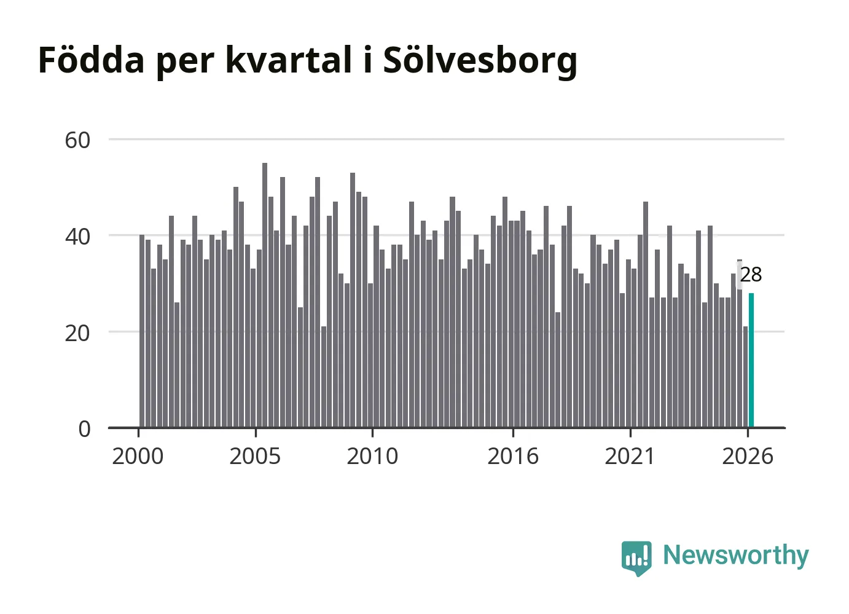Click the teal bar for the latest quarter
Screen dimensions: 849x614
751,360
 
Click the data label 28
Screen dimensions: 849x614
751,275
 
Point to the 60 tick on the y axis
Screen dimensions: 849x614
77,140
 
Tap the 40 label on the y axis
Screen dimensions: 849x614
77,237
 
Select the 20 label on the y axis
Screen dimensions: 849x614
77,333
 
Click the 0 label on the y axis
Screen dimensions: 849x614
85,429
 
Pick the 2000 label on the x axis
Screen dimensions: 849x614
138,456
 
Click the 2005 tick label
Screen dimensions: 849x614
255,456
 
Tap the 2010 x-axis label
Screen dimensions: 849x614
372,456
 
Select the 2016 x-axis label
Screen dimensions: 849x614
513,456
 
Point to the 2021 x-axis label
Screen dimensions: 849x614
630,456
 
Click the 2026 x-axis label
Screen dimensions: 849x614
748,456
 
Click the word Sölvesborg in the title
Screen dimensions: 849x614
480,61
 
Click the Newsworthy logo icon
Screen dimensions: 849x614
636,558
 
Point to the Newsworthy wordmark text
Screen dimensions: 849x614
736,556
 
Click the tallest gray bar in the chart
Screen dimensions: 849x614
265,295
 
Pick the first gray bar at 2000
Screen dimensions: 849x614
142,331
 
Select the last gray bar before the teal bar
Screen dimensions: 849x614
745,377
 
